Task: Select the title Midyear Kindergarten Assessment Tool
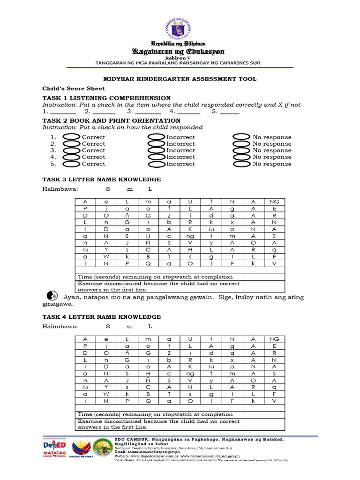pyautogui.click(x=180, y=79)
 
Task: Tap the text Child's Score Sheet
pyautogui.click(x=74, y=88)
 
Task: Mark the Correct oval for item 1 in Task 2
pyautogui.click(x=71, y=137)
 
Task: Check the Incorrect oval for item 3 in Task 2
pyautogui.click(x=156, y=150)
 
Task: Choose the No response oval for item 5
pyautogui.click(x=241, y=164)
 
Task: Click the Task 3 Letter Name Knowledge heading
pyautogui.click(x=102, y=180)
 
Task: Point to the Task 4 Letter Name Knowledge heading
pyautogui.click(x=102, y=317)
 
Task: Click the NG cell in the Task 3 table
pyautogui.click(x=274, y=202)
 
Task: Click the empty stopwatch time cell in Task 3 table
pyautogui.click(x=263, y=277)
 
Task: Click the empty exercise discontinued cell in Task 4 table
pyautogui.click(x=263, y=424)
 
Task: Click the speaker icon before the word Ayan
pyautogui.click(x=52, y=296)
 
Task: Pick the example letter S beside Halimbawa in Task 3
pyautogui.click(x=107, y=189)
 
